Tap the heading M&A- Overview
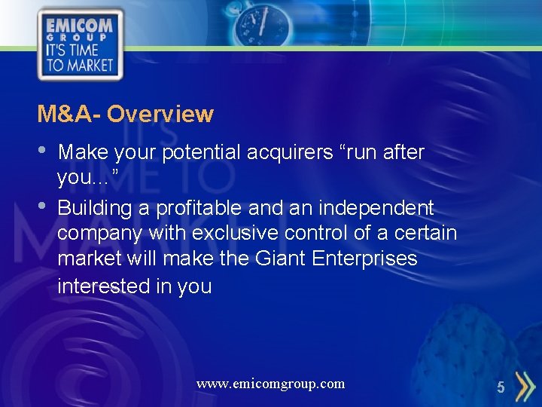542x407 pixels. [x=126, y=115]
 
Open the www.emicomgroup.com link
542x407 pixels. [x=270, y=384]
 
